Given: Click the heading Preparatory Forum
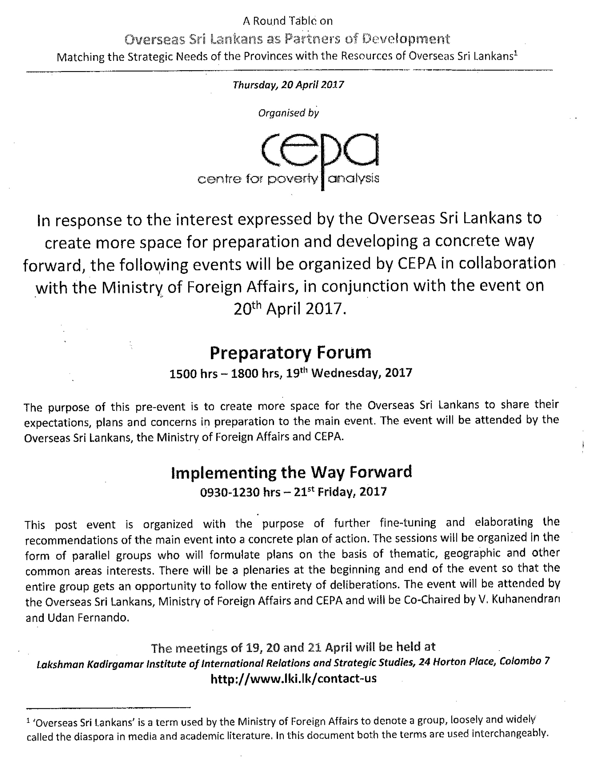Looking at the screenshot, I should (290, 353).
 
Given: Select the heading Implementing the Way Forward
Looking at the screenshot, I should (292, 472).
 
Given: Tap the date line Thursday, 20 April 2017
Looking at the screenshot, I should (288, 84).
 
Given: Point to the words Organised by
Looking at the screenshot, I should (288, 113).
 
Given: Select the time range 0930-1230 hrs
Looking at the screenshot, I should (240, 492).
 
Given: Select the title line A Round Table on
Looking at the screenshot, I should (288, 21).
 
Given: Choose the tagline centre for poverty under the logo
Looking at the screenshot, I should (258, 179).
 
